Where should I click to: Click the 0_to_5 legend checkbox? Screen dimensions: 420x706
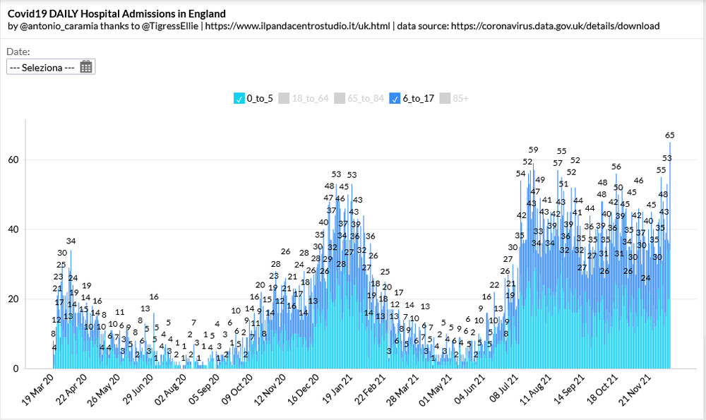(238, 99)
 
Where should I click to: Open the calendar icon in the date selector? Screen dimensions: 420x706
(86, 67)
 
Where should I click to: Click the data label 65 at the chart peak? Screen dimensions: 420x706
(670, 135)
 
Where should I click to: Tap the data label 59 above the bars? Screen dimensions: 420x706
(534, 150)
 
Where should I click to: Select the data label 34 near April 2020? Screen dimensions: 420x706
(71, 242)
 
